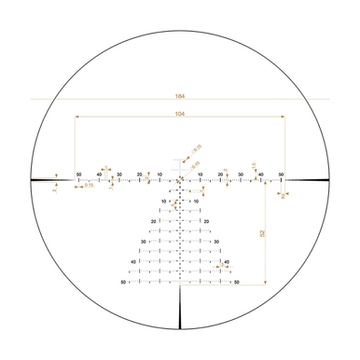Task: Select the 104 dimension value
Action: pos(179,113)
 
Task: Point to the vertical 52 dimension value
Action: pos(264,232)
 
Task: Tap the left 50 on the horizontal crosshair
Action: pos(79,174)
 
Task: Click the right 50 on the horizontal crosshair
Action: pos(281,174)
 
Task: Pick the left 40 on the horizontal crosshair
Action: pos(99,174)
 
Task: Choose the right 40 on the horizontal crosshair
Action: pos(260,174)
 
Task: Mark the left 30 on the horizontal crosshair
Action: pos(119,174)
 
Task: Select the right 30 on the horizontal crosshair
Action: pos(241,174)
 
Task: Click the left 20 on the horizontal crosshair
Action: pos(139,174)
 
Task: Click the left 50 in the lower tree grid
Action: pos(123,282)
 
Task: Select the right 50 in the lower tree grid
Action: pos(237,282)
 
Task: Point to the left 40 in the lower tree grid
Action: pos(133,262)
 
